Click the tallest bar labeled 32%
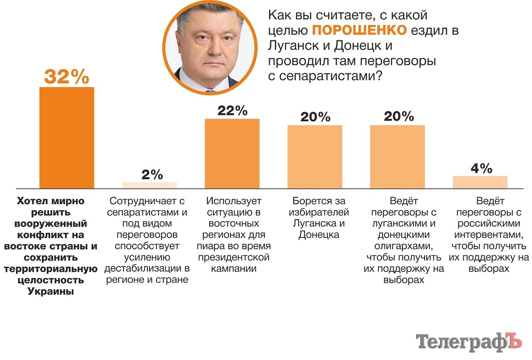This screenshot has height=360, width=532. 66,137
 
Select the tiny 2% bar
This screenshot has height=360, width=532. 149,185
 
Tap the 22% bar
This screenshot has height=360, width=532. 232,153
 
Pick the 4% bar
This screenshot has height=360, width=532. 480,182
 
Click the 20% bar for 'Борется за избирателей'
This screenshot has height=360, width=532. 315,156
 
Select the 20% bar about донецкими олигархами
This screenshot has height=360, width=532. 397,156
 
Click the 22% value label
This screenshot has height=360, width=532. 232,111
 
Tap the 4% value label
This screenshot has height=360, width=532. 481,169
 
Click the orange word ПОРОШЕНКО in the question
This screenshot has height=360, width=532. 355,30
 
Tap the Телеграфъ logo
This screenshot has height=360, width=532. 469,342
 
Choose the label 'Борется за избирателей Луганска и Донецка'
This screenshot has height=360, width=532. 319,217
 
